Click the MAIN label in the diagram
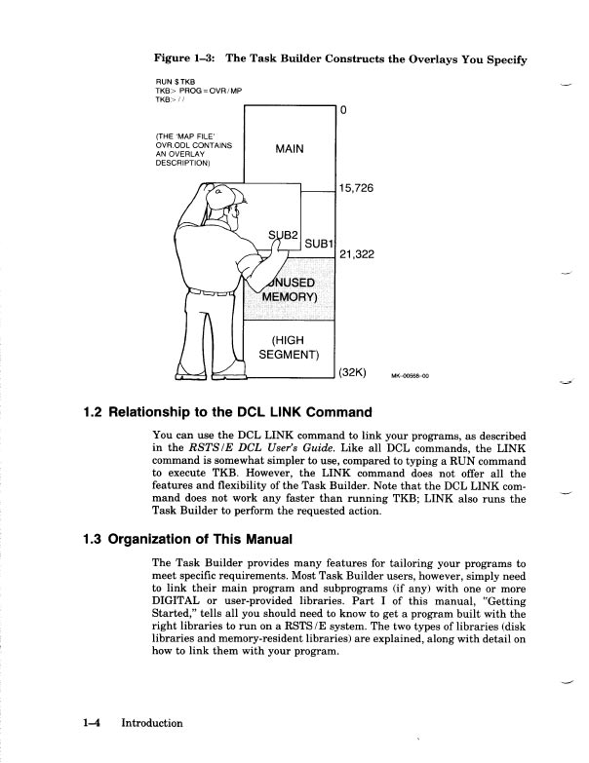tap(289, 149)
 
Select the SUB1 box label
tap(320, 242)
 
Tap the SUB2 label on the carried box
tap(283, 234)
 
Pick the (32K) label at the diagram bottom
tap(352, 372)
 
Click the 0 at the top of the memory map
tap(344, 109)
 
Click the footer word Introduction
tap(151, 723)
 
